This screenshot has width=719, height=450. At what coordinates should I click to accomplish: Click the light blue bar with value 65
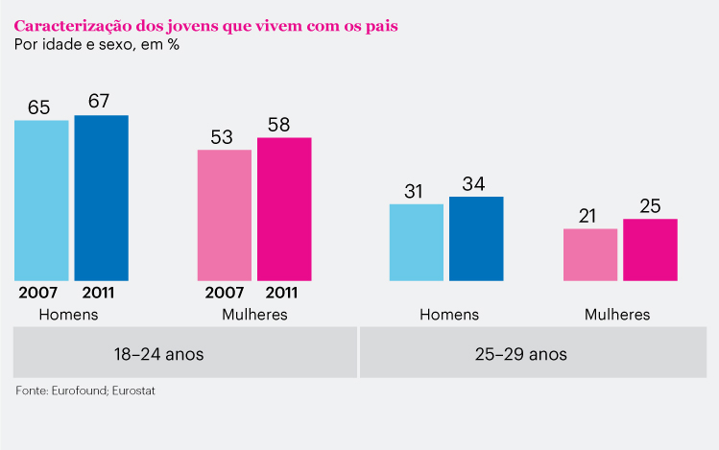41,200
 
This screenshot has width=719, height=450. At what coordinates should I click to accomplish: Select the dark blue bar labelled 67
101,198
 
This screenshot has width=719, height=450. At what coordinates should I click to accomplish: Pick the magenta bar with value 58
284,209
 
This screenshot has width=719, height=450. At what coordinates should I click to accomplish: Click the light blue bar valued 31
417,242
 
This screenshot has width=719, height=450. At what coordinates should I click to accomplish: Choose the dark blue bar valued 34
476,238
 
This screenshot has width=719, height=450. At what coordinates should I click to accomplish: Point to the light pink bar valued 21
590,254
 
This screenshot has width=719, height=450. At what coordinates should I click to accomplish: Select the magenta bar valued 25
650,249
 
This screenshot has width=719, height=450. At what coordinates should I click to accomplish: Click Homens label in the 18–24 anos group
68,314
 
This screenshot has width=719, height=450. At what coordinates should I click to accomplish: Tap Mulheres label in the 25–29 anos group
617,314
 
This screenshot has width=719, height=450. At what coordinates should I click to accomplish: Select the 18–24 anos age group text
158,353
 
